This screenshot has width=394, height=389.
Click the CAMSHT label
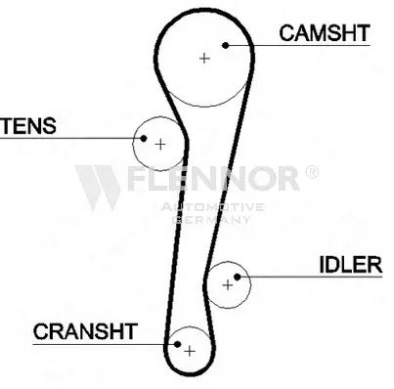tap(325, 33)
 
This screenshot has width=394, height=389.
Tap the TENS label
tap(28, 126)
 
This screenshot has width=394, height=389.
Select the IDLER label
tap(351, 265)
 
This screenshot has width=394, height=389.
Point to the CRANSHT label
tap(85, 331)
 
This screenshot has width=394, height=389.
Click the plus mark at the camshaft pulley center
tap(204, 59)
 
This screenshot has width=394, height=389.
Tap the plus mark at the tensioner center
tap(160, 144)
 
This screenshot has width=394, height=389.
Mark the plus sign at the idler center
tap(228, 285)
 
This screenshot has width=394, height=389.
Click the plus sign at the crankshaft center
tap(190, 351)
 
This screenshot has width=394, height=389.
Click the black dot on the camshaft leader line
tap(226, 45)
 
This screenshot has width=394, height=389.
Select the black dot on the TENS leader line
tap(144, 138)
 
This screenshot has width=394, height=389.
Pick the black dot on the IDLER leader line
tap(238, 277)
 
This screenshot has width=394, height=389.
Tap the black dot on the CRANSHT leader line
tap(177, 344)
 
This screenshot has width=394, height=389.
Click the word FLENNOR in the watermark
tap(212, 178)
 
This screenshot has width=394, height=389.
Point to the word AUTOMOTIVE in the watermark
tap(212, 207)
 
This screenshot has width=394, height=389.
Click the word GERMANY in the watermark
tap(212, 220)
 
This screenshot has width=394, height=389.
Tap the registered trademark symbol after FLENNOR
tap(312, 172)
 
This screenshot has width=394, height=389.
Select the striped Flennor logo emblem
tap(98, 188)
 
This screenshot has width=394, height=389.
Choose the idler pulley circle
tap(250, 285)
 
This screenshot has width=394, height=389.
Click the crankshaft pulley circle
tap(189, 326)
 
